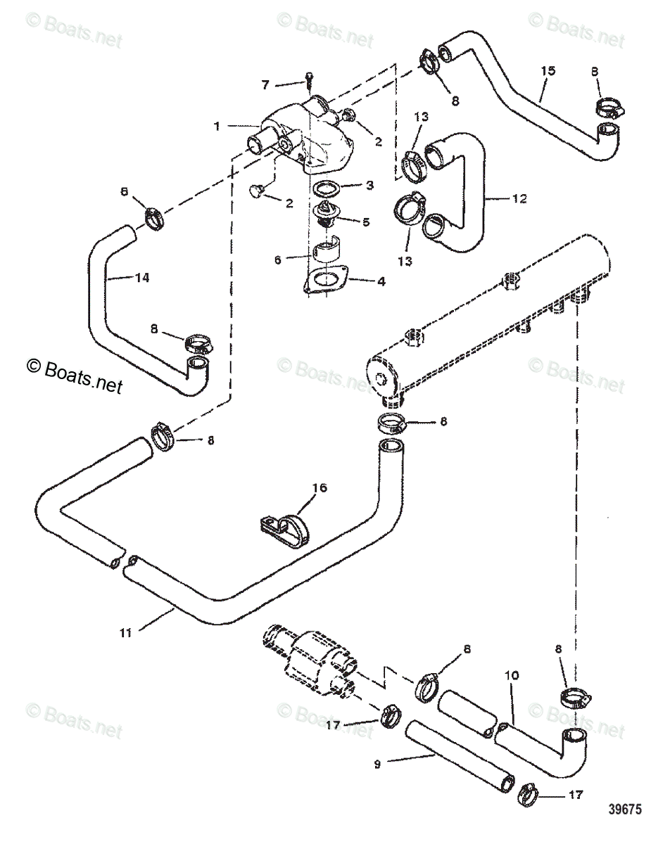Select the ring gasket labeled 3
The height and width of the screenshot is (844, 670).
(325, 188)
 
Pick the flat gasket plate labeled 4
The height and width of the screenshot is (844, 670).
(325, 280)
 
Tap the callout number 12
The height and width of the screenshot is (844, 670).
(519, 199)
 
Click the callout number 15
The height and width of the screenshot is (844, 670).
(548, 71)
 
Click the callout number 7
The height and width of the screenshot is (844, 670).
(265, 85)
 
